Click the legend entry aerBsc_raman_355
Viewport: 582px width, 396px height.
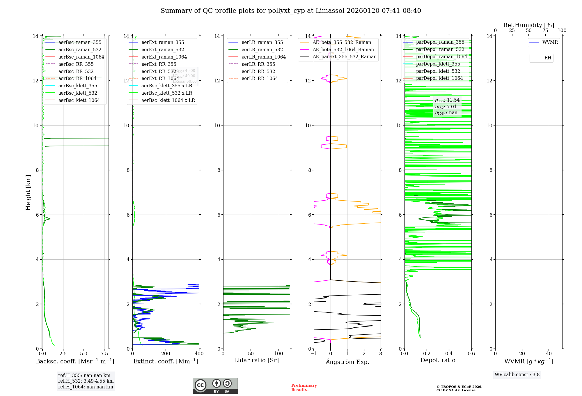pos(80,43)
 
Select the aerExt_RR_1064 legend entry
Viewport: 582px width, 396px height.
pos(160,79)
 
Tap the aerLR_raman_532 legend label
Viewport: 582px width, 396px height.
pos(262,50)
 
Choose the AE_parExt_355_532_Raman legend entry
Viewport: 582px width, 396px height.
pos(344,57)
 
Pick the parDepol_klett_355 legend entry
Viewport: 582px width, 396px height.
pos(438,64)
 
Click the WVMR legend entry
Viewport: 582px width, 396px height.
pos(550,43)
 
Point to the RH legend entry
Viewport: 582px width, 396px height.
pos(548,58)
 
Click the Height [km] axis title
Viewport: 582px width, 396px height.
pos(28,192)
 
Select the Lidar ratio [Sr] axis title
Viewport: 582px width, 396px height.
pos(256,360)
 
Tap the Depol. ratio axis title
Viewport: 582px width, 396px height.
pos(438,360)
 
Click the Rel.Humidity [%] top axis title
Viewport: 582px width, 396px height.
pos(528,25)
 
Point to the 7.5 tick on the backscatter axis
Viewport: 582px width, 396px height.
pos(104,354)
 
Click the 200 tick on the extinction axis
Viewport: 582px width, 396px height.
pos(166,354)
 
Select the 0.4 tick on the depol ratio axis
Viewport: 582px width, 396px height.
pos(449,354)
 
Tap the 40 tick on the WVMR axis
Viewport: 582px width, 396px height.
pos(549,354)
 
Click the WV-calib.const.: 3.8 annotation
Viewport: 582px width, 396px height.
pos(517,375)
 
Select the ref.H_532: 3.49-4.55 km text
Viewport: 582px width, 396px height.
pos(86,381)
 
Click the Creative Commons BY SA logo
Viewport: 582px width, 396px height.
pos(215,386)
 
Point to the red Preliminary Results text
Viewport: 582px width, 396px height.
pos(304,388)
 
